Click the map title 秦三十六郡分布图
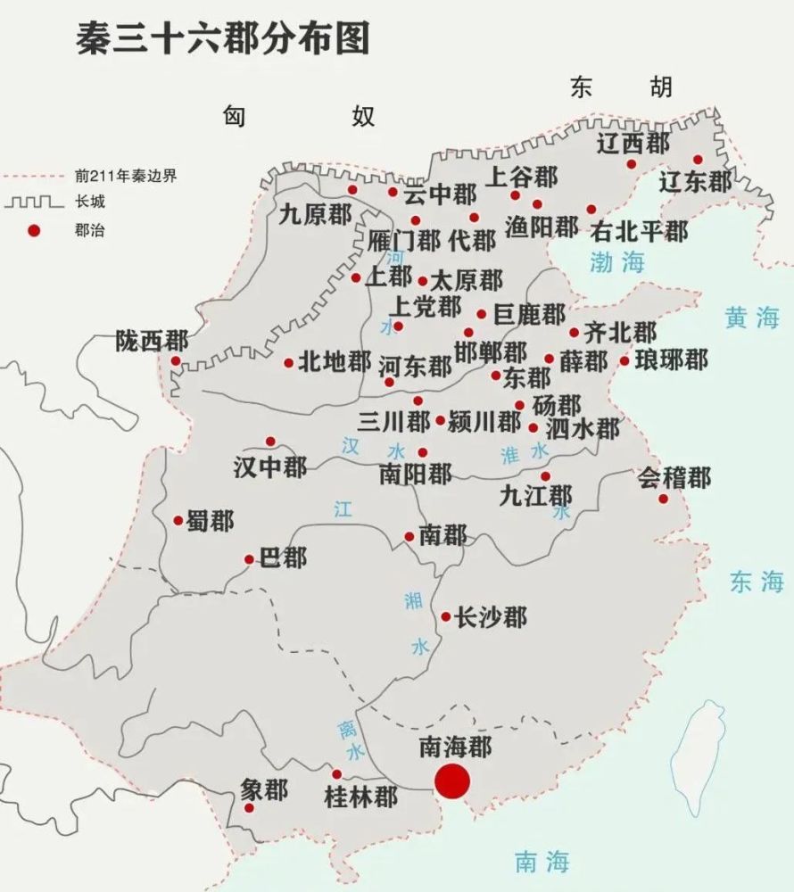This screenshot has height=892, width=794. pyautogui.click(x=222, y=39)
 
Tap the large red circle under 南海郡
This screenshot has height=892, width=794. pyautogui.click(x=452, y=780)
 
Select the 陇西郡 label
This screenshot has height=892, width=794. pyautogui.click(x=152, y=341)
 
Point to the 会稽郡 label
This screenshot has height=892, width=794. pyautogui.click(x=674, y=477)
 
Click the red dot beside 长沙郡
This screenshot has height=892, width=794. pyautogui.click(x=446, y=616)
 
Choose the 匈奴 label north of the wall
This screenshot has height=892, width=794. pyautogui.click(x=299, y=115)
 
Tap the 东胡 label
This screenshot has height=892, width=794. pyautogui.click(x=622, y=87)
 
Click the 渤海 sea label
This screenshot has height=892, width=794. pyautogui.click(x=616, y=261)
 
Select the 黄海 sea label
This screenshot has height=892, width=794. pyautogui.click(x=752, y=318)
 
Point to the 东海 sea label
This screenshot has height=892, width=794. pyautogui.click(x=756, y=582)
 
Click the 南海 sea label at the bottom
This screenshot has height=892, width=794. pyautogui.click(x=542, y=861)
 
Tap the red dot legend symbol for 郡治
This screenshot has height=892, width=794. pyautogui.click(x=34, y=230)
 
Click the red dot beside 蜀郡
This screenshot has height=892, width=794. pyautogui.click(x=178, y=520)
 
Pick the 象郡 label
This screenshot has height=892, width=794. pyautogui.click(x=264, y=790)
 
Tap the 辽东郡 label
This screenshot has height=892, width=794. pyautogui.click(x=695, y=182)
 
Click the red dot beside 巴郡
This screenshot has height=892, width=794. pyautogui.click(x=249, y=559)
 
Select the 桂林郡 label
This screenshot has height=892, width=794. pyautogui.click(x=360, y=797)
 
